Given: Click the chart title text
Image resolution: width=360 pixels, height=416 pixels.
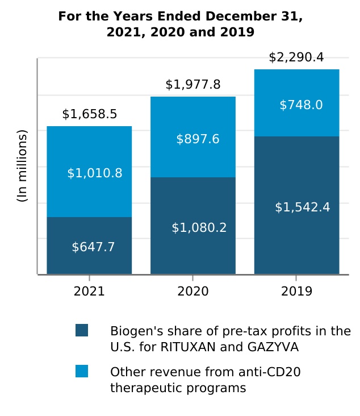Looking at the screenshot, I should (180, 24).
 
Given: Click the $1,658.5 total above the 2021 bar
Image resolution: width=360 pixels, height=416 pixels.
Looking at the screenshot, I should (90, 114).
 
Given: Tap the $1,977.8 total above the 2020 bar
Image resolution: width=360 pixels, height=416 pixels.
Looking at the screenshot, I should (193, 85).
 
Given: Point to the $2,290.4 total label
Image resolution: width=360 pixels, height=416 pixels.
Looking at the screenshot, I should (296, 57).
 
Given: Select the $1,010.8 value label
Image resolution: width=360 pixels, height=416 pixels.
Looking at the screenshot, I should (95, 173).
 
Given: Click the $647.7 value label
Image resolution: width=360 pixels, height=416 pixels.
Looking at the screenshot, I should (93, 247).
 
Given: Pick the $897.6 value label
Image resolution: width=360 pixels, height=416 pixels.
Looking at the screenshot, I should (198, 139).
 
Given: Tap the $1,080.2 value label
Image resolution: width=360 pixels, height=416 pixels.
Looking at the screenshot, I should (199, 228).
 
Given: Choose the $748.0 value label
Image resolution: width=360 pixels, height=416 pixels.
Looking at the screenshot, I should (301, 105).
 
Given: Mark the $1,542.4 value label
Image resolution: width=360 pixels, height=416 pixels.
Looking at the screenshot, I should (303, 207).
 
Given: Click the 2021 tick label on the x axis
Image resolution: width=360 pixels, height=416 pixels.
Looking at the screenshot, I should (89, 292).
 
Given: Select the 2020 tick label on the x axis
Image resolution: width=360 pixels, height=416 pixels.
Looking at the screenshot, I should (193, 292).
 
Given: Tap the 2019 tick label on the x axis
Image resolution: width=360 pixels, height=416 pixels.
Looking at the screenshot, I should (296, 292).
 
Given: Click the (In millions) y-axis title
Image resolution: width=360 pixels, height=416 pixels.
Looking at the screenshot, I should (22, 166).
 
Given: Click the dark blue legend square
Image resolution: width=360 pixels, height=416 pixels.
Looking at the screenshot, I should (82, 330).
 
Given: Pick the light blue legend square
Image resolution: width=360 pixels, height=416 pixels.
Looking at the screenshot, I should (82, 371).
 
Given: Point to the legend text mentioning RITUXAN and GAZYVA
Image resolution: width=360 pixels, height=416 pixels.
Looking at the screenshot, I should (230, 339).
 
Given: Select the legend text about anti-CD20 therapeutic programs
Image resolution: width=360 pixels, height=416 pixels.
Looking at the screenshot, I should (205, 380).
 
